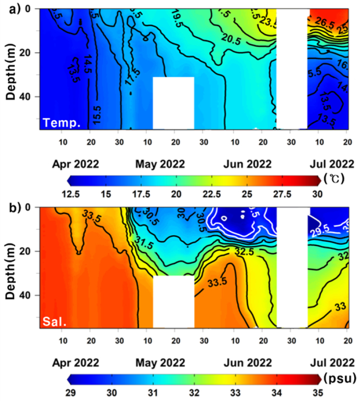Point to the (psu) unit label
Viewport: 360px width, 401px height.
point(339,376)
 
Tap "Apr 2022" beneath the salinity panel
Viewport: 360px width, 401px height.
point(76,362)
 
